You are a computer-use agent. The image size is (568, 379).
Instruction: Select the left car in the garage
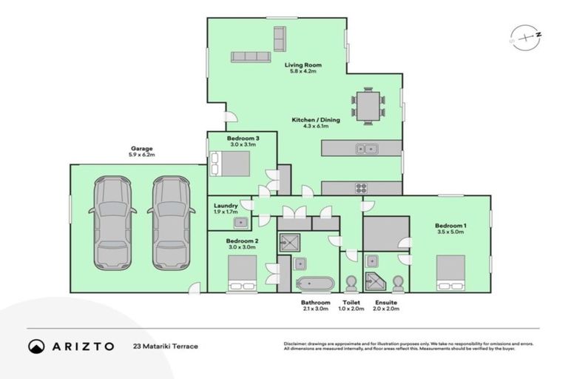[111, 222]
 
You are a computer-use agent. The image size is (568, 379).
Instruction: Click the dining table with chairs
[368, 105]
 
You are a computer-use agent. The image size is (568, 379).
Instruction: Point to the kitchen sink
[366, 149]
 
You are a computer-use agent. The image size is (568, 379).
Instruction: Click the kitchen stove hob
[362, 188]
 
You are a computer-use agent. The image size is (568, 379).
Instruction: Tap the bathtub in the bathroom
[315, 284]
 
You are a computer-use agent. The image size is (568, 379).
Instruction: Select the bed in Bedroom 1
[450, 273]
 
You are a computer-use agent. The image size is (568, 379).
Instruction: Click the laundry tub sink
[240, 221]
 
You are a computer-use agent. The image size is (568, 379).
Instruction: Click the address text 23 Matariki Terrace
[165, 346]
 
